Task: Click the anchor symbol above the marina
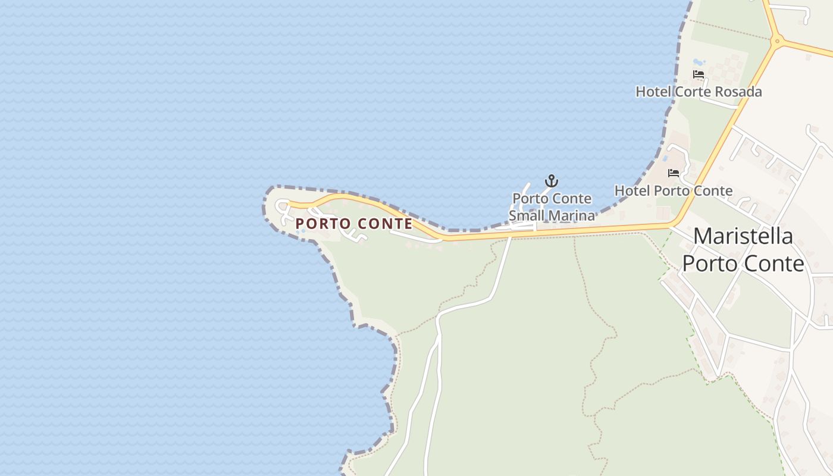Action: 552,180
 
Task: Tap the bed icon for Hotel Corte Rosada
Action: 699,74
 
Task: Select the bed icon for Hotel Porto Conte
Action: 674,173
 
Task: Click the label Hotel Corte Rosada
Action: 699,92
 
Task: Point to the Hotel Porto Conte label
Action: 674,191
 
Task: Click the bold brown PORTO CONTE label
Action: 354,224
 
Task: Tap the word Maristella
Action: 743,236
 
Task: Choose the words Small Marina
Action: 552,215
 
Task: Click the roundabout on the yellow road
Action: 776,41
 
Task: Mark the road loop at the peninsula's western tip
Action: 282,205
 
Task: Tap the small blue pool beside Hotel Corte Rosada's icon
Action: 698,62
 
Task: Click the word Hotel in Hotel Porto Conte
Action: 632,191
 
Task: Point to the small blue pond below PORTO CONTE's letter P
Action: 302,231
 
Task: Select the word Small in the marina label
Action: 526,215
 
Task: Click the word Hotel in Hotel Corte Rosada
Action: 654,92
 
